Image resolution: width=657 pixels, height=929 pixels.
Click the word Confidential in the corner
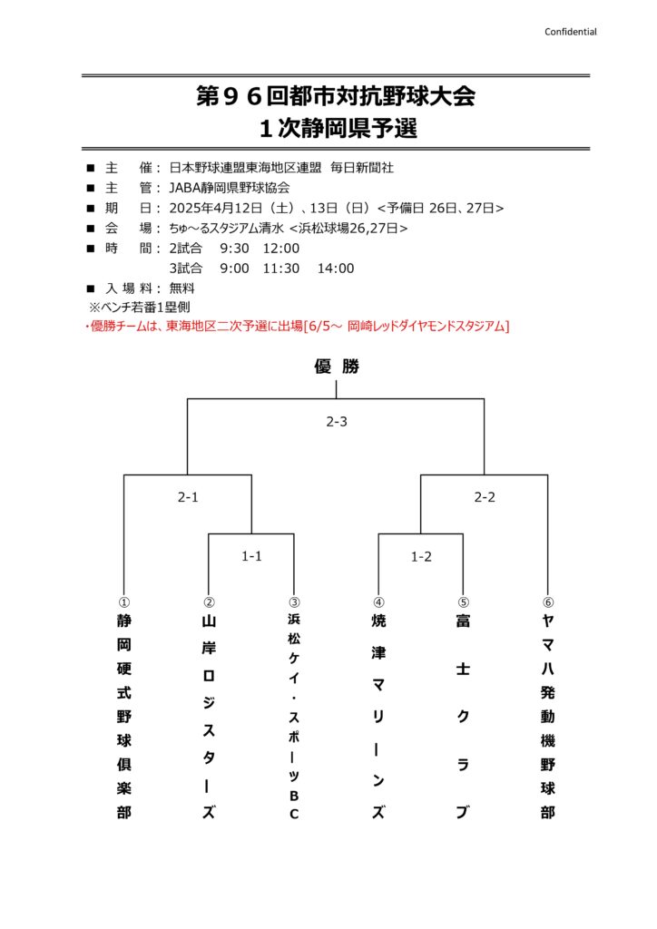click(570, 32)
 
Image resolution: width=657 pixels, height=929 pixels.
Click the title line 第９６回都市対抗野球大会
click(336, 97)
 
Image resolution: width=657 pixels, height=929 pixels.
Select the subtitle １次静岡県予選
click(336, 128)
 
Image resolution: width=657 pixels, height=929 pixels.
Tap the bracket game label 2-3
click(337, 422)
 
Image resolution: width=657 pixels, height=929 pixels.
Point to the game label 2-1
click(188, 497)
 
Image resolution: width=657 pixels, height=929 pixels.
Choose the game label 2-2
click(485, 497)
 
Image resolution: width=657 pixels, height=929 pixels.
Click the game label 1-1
click(251, 556)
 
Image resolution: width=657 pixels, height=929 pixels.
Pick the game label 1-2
click(421, 556)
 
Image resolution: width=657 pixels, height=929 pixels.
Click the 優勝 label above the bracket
click(337, 367)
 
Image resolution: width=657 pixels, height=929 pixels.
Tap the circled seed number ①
click(123, 601)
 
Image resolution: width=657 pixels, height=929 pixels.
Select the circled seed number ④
click(378, 601)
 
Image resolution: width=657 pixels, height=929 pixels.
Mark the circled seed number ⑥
click(548, 601)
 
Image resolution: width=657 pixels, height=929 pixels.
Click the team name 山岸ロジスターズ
click(209, 717)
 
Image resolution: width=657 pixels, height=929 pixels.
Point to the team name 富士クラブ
click(463, 717)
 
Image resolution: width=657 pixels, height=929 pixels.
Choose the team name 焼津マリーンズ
click(378, 717)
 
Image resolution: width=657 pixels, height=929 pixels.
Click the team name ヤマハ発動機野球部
click(548, 717)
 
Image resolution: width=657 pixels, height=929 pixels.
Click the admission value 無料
click(182, 288)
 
